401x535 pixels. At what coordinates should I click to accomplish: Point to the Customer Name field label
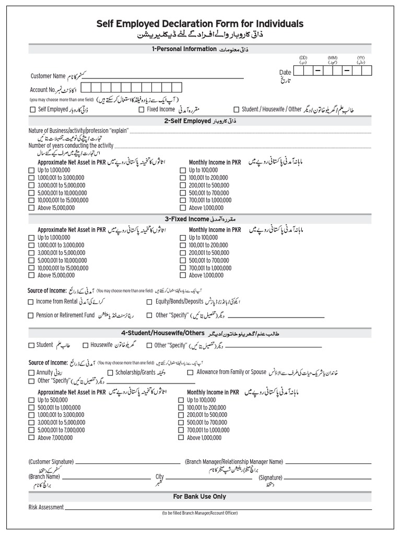[48, 76]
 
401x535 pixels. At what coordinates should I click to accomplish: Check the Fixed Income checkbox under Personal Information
[141, 110]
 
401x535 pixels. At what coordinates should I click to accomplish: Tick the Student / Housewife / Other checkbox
[237, 110]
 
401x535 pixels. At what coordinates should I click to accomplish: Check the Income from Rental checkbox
[31, 302]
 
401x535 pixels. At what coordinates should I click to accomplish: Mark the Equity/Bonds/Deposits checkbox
[150, 302]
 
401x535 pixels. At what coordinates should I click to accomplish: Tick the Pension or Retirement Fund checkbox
[31, 316]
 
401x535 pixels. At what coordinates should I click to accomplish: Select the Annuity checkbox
[31, 373]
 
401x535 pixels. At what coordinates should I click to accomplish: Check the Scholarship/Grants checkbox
[110, 373]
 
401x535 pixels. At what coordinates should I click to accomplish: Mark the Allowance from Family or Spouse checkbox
[190, 373]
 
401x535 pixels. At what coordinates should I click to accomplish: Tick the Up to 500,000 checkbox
[31, 400]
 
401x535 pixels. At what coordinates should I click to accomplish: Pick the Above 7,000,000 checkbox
[31, 438]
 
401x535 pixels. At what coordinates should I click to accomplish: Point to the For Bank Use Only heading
[200, 496]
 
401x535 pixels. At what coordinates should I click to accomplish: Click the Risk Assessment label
[46, 507]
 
